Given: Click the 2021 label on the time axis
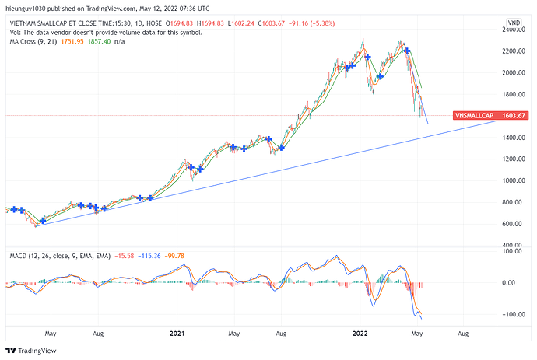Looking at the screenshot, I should coord(177,334).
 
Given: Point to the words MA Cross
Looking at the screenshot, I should coord(22,42).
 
